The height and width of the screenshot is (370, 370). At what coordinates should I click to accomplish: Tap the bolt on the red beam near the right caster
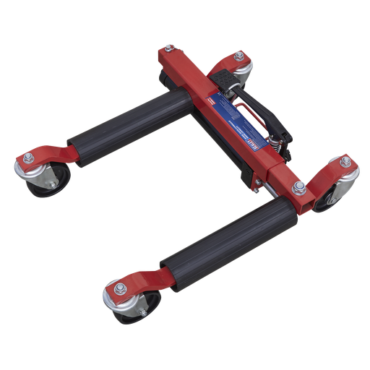[296, 189]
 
